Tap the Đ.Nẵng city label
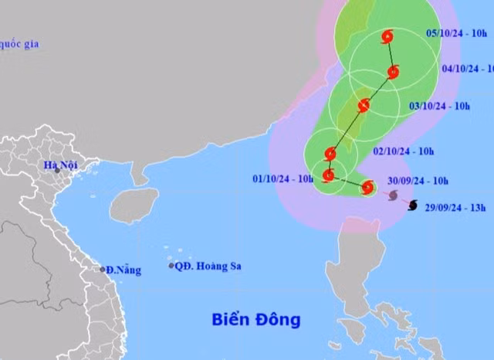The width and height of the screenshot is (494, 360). tap(123, 270)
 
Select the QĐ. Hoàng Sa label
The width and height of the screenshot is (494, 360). tap(208, 267)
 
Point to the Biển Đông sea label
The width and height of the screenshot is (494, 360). tap(256, 319)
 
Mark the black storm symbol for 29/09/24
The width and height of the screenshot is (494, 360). tap(411, 205)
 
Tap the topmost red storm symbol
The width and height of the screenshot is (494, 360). tap(387, 36)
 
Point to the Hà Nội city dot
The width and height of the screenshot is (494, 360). tap(56, 171)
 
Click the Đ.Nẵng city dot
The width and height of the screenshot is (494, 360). tap(103, 270)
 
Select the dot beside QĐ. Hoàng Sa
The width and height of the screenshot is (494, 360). tap(171, 266)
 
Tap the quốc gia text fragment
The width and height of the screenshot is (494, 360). tap(19, 44)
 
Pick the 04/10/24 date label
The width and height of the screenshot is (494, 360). tap(468, 68)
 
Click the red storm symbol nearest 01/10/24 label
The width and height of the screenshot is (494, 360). tap(328, 175)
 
